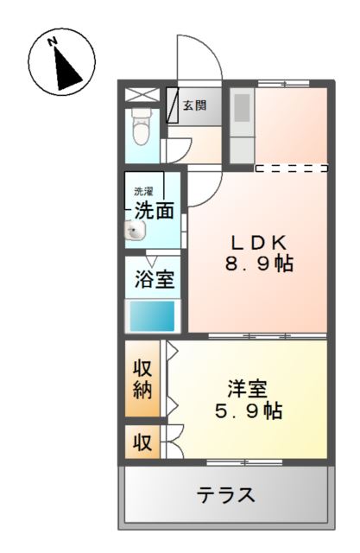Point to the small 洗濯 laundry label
142,190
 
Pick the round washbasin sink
136,231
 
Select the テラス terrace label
225,496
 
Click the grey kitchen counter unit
242,122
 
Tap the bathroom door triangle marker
151,260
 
